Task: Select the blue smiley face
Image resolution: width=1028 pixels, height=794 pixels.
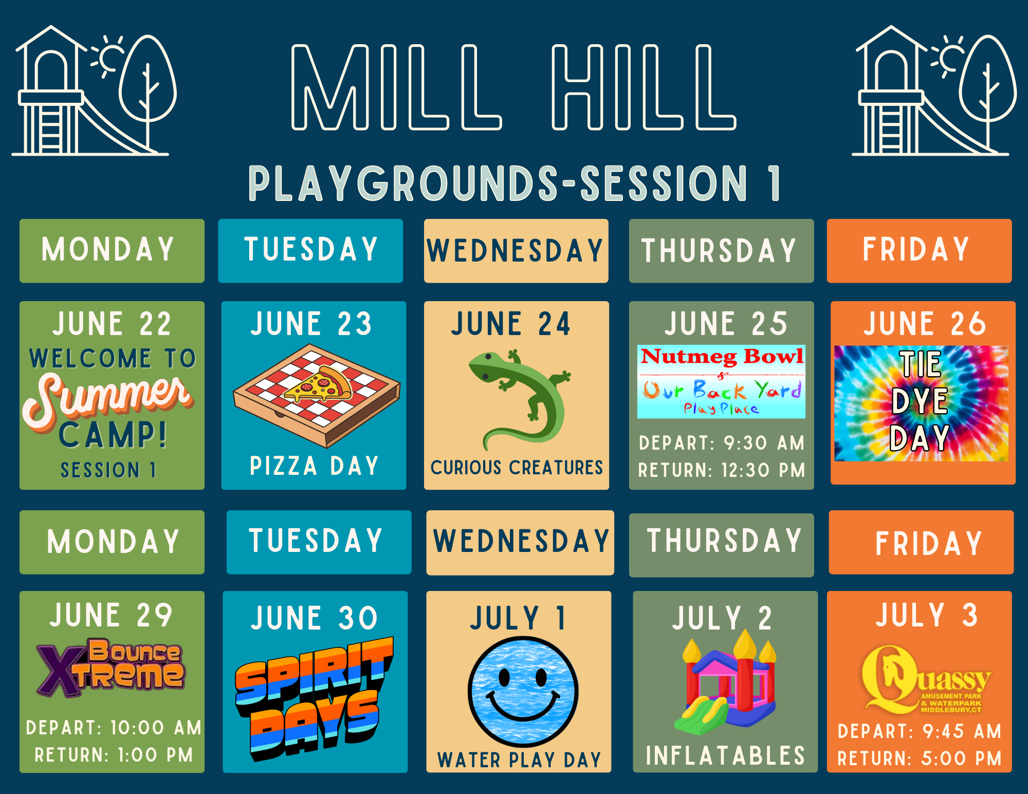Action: coord(523,691)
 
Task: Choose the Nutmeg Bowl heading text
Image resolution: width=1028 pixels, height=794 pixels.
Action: coord(722,356)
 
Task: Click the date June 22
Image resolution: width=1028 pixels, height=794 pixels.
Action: coord(112,324)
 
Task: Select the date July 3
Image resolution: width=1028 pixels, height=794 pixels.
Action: coord(927,615)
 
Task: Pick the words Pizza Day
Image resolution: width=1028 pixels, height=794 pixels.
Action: coord(314,466)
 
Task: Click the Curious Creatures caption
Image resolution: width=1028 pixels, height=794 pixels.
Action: coord(517,468)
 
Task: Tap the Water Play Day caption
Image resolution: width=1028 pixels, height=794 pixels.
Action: coord(519,760)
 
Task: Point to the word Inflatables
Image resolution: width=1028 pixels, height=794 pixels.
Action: coord(725,756)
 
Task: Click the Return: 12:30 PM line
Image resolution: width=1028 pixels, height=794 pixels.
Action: coord(722,470)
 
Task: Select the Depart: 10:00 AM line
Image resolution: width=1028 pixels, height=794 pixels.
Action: coord(114,728)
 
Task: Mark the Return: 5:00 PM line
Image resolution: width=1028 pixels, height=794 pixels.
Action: coord(920,759)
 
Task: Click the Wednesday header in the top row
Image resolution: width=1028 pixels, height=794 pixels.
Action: coord(515,251)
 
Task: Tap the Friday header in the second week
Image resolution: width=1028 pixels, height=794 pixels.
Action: coord(929,544)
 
